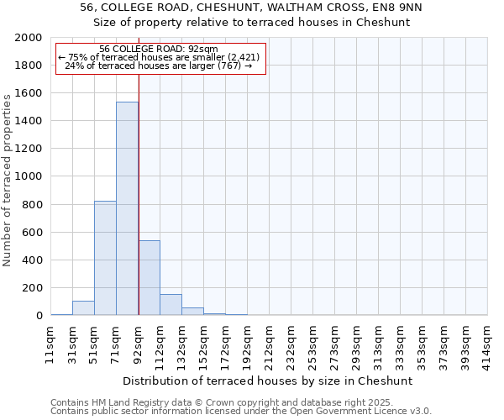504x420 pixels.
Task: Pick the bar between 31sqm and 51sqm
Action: coord(83,307)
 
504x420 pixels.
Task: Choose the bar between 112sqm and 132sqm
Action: coord(171,305)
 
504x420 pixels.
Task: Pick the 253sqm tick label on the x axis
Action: coord(313,345)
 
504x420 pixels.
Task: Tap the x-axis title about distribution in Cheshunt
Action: coord(269,381)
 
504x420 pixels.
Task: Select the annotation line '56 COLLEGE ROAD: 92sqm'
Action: coord(158,49)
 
